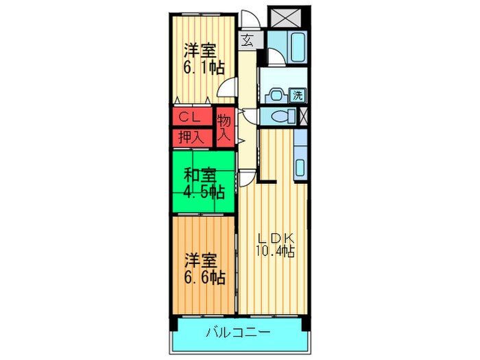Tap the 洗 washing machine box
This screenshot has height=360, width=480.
click(x=298, y=95)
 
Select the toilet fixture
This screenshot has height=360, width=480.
click(x=278, y=116)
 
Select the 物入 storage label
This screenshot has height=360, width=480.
click(x=224, y=128)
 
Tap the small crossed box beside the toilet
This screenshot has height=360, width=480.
click(x=304, y=116)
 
